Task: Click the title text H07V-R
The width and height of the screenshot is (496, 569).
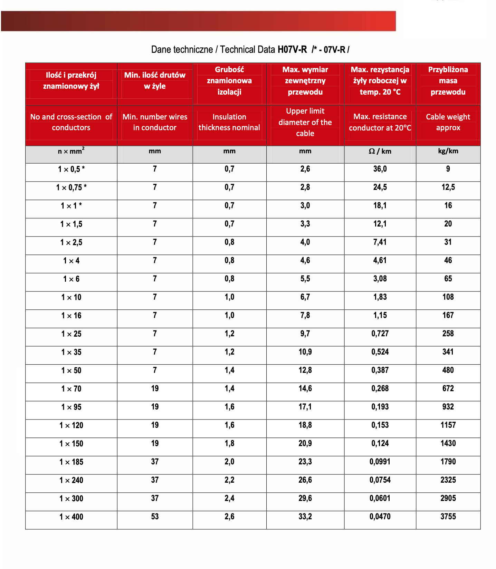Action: point(292,50)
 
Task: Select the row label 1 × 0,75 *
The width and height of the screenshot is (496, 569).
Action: point(71,187)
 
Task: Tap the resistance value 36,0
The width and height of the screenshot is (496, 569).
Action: point(380,169)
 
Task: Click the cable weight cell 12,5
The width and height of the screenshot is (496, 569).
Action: point(448,187)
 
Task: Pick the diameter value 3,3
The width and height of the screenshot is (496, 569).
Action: point(305,224)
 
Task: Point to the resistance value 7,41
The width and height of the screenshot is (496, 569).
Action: point(380,242)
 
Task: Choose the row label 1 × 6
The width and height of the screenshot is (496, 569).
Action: point(71,279)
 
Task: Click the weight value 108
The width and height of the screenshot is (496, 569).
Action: point(448,297)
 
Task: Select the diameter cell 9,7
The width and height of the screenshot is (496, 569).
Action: point(305,334)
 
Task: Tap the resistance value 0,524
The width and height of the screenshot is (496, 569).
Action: point(380,352)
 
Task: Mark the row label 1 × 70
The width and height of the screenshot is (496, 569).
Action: point(71,389)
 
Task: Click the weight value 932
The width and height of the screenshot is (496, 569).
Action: point(448,407)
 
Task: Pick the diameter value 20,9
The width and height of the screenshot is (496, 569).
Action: point(305,443)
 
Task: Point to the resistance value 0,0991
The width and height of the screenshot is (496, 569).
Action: point(380,462)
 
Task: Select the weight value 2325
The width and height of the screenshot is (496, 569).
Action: point(448,480)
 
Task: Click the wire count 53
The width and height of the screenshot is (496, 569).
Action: point(155,517)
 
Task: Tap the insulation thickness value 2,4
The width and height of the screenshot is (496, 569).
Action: point(229,498)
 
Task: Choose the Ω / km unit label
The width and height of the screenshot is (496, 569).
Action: point(380,151)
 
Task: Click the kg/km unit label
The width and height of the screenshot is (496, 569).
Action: point(448,151)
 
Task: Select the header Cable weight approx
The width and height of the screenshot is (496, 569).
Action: point(448,122)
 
